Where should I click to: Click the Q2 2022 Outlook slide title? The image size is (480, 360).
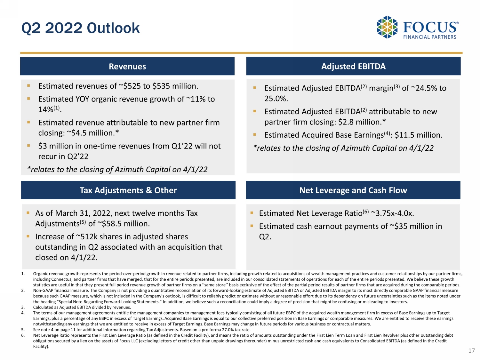point(81,28)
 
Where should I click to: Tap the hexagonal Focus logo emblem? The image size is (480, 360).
point(387,27)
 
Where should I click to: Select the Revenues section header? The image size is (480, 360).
point(127,67)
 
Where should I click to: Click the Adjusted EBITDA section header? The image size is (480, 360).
point(353,66)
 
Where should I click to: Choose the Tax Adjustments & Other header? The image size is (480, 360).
point(128,190)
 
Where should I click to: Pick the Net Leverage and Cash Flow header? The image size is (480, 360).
point(353,190)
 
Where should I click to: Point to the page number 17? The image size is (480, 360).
point(471,351)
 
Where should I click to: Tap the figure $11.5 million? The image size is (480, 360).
point(418,135)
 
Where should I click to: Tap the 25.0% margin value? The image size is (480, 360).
point(276,99)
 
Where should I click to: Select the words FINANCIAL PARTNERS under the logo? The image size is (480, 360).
point(429,37)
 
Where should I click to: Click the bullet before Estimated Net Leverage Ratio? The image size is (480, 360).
point(252,213)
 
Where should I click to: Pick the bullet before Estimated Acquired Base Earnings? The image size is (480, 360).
point(255,135)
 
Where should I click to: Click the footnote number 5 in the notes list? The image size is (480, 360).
point(23,330)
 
